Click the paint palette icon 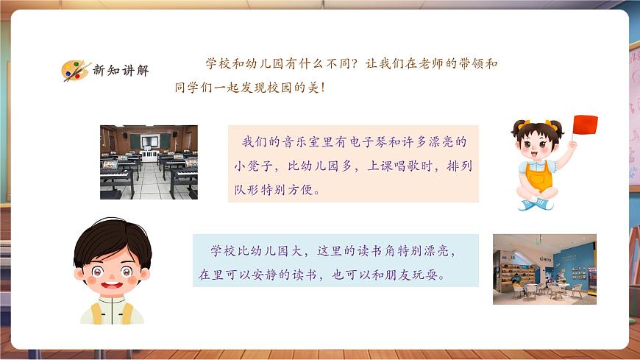pyautogui.click(x=75, y=71)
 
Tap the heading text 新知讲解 pyautogui.click(x=121, y=71)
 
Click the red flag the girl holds pyautogui.click(x=585, y=125)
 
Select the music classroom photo pyautogui.click(x=149, y=162)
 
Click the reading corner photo pyautogui.click(x=544, y=269)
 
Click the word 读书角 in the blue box pyautogui.click(x=374, y=251)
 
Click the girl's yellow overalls pyautogui.click(x=540, y=177)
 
